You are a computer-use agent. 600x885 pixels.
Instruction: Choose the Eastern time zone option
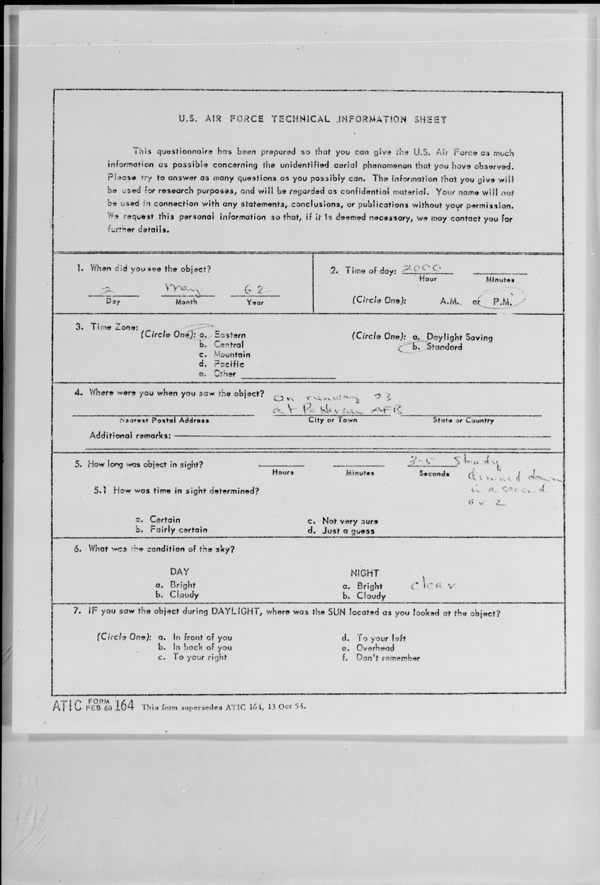pyautogui.click(x=230, y=335)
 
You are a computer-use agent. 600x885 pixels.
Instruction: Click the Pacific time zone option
pyautogui.click(x=229, y=364)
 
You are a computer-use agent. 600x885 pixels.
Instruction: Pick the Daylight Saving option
pyautogui.click(x=459, y=337)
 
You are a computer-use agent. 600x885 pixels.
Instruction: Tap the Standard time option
pyautogui.click(x=444, y=347)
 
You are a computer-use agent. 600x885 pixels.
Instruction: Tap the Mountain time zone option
pyautogui.click(x=232, y=355)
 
